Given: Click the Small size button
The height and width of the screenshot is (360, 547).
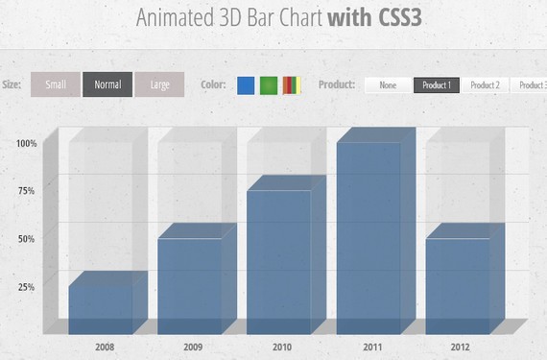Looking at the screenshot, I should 56,84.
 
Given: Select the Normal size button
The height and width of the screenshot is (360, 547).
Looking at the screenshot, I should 107,84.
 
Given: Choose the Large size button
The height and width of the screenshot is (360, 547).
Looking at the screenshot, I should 159,84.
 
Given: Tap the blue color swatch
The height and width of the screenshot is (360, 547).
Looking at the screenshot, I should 246,85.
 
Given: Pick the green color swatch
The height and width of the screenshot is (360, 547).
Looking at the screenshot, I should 269,85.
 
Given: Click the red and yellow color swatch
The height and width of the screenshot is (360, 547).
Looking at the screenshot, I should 292,85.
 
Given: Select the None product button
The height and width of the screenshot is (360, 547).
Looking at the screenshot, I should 388,85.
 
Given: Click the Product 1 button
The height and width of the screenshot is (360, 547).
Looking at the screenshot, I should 437,85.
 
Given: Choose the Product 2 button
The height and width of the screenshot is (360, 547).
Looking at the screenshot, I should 485,85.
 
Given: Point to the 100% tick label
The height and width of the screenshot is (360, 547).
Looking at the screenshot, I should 26,143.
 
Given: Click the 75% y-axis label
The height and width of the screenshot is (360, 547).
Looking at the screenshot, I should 26,191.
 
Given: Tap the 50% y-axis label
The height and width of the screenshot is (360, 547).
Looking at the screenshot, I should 26,239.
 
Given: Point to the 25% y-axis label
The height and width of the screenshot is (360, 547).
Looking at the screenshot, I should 26,287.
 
